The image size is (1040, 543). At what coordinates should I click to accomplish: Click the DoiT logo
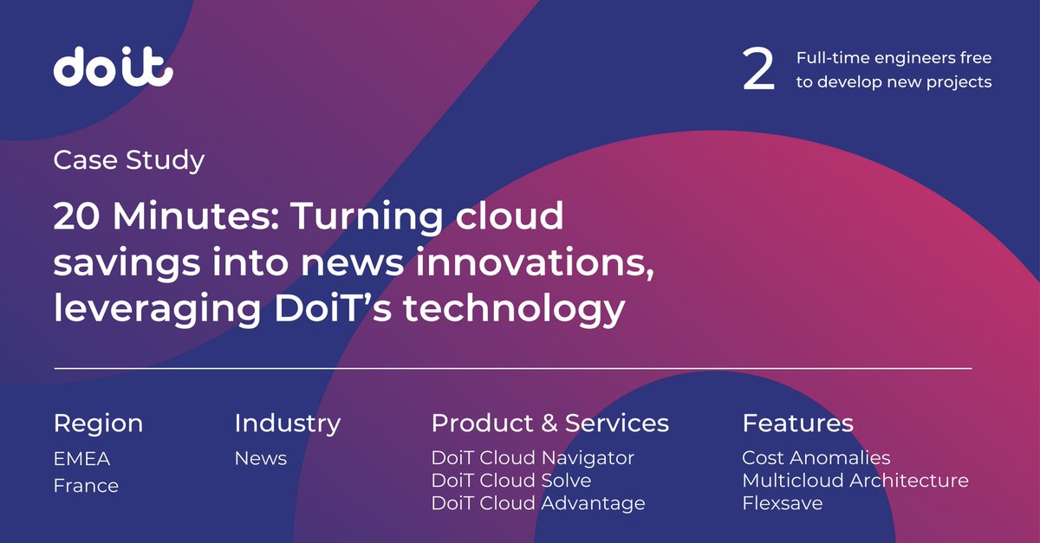(114, 68)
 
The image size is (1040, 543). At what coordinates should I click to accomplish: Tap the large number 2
(758, 71)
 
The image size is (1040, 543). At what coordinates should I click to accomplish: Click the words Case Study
(129, 160)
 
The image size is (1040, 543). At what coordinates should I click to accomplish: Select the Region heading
(98, 423)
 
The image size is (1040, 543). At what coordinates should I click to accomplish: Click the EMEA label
(82, 458)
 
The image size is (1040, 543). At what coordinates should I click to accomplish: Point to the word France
(86, 486)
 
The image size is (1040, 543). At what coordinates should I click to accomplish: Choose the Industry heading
(287, 423)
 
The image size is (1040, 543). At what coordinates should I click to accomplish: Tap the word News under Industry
(260, 458)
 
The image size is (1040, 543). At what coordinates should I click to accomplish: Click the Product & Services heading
(549, 423)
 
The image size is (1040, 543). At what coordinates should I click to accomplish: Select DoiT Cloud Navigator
(532, 457)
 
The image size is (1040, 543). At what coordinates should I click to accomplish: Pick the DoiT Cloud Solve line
(510, 480)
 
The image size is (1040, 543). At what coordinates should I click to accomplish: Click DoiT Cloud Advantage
(537, 502)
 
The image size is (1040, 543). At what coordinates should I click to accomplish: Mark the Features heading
(797, 423)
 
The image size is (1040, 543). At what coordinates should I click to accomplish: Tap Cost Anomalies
(816, 457)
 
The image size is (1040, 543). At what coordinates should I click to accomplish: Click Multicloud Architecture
(855, 480)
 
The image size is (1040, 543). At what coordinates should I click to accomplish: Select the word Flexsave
(782, 502)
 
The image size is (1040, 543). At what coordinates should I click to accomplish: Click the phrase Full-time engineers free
(894, 59)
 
